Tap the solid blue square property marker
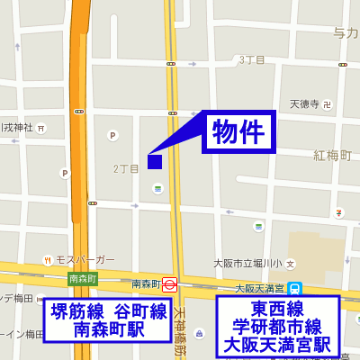pyautogui.click(x=154, y=162)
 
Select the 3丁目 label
pyautogui.click(x=251, y=60)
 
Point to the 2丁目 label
pyautogui.click(x=126, y=168)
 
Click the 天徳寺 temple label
pyautogui.click(x=304, y=103)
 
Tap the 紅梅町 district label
pyautogui.click(x=332, y=156)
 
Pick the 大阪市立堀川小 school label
pyautogui.click(x=247, y=264)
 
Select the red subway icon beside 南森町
pyautogui.click(x=169, y=283)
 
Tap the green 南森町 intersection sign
pyautogui.click(x=82, y=279)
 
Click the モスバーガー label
pyautogui.click(x=85, y=260)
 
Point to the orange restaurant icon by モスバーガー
pyautogui.click(x=48, y=260)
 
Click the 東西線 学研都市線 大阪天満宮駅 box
pyautogui.click(x=278, y=326)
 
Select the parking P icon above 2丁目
pyautogui.click(x=112, y=136)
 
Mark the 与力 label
pyautogui.click(x=346, y=33)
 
